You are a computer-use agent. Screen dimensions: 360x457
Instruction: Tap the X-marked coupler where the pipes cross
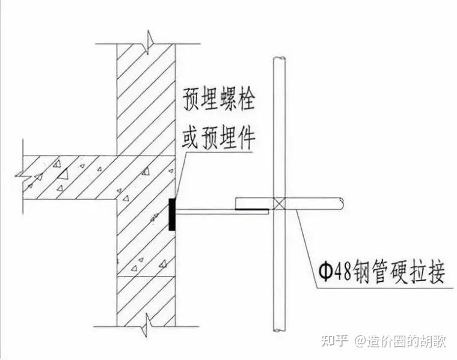(279, 203)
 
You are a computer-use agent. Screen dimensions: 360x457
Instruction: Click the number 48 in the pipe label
(344, 274)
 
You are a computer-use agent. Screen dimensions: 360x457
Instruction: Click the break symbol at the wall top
(147, 43)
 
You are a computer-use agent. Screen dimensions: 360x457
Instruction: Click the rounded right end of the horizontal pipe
(341, 204)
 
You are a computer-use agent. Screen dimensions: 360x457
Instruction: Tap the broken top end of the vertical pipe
(279, 59)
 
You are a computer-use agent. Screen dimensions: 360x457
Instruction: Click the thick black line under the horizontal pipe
(252, 210)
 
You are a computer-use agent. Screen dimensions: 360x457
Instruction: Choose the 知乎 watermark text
(334, 341)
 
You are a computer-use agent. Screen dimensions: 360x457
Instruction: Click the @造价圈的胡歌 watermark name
(399, 341)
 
